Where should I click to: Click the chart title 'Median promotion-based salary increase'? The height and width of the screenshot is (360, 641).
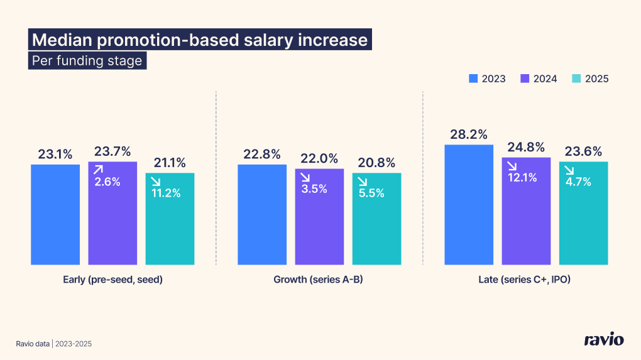pyautogui.click(x=199, y=40)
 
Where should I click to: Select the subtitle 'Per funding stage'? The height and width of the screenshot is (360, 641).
pyautogui.click(x=87, y=62)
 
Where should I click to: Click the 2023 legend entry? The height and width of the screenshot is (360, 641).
pyautogui.click(x=487, y=79)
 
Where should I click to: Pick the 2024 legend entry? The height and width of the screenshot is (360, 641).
pyautogui.click(x=539, y=79)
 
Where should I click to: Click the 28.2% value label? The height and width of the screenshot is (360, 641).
pyautogui.click(x=469, y=135)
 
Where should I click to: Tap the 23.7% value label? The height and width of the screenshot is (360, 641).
pyautogui.click(x=112, y=151)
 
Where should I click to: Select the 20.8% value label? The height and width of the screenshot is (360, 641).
pyautogui.click(x=376, y=163)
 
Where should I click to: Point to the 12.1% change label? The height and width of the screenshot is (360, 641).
pyautogui.click(x=523, y=178)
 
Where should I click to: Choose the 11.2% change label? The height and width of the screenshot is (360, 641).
pyautogui.click(x=167, y=193)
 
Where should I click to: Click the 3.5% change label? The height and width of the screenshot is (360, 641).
pyautogui.click(x=314, y=188)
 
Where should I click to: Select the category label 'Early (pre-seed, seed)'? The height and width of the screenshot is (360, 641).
pyautogui.click(x=113, y=280)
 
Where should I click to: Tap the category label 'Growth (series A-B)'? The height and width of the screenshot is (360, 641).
pyautogui.click(x=319, y=280)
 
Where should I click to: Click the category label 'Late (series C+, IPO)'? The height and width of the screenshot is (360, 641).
pyautogui.click(x=526, y=280)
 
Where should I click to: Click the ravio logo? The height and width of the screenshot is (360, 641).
pyautogui.click(x=603, y=340)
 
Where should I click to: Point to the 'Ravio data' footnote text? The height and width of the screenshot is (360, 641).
pyautogui.click(x=33, y=344)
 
